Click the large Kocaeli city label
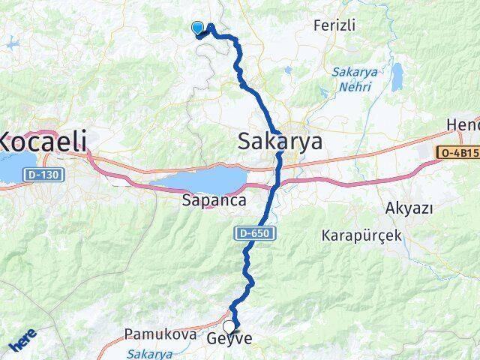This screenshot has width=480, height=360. coord(43,140)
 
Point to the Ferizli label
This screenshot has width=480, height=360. coord(334,25)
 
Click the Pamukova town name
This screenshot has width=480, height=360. coord(150,334)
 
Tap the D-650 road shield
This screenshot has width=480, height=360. coord(256,234)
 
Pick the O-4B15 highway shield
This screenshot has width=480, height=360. coord(457,152)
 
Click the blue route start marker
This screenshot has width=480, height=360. coord(198,28)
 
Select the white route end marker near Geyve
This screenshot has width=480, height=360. coord(228,326)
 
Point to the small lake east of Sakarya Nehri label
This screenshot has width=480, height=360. coord(396,76)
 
